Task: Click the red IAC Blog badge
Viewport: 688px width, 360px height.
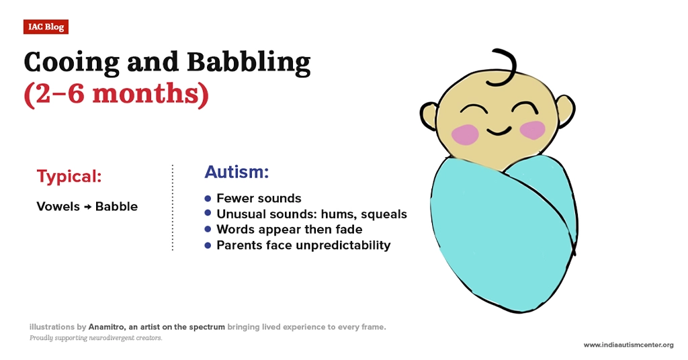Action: (x=46, y=27)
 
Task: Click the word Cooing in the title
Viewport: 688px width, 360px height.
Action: (x=71, y=62)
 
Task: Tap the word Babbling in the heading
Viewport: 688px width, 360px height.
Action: (x=249, y=62)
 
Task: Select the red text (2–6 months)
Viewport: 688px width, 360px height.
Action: (x=116, y=94)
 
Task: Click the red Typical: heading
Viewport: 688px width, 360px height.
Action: (x=69, y=176)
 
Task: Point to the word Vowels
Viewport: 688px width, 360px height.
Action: (x=58, y=206)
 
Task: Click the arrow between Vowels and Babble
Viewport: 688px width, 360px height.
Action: (x=87, y=207)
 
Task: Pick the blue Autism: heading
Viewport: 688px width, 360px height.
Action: (x=236, y=172)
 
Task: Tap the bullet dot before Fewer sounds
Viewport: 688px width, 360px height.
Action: (x=208, y=198)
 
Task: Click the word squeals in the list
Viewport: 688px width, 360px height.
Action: (x=384, y=214)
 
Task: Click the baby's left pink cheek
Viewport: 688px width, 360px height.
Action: (x=465, y=134)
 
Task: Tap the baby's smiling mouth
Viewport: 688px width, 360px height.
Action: (x=499, y=131)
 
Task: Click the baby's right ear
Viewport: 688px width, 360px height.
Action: (x=566, y=111)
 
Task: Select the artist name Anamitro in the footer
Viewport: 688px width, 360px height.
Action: (x=107, y=327)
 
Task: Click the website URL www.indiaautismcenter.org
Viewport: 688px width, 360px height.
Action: (x=628, y=345)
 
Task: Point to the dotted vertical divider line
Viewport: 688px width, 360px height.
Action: (x=173, y=208)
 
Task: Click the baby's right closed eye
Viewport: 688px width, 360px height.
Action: (x=525, y=107)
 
